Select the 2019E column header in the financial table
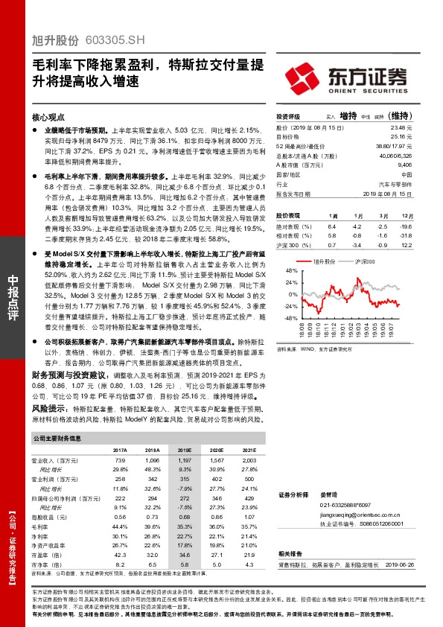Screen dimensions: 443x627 pos(185,450)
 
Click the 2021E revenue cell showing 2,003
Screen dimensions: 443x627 pos(249,462)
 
